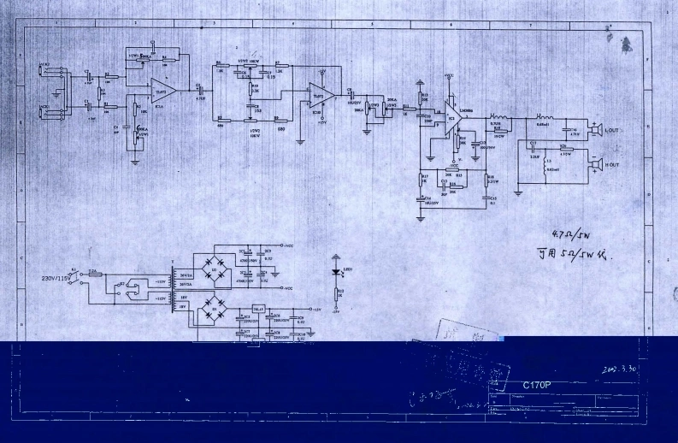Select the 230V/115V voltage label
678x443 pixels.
click(x=56, y=278)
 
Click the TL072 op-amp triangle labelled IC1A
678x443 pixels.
click(x=162, y=90)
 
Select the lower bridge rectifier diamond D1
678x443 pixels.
click(x=215, y=312)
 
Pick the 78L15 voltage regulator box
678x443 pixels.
click(x=259, y=310)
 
